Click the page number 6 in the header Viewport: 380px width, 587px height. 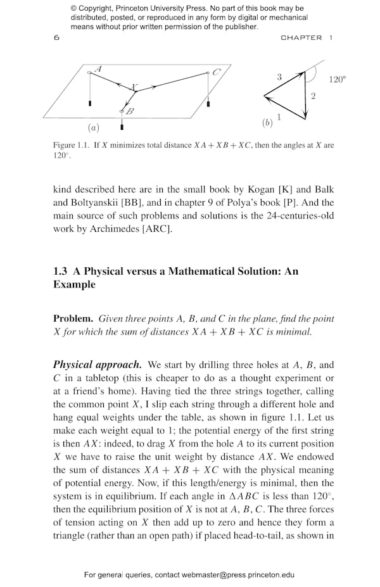point(56,38)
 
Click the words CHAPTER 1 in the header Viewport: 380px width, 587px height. point(307,38)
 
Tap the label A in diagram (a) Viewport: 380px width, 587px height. point(98,68)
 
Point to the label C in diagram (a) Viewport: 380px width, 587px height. point(216,72)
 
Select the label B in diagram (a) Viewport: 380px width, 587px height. point(130,111)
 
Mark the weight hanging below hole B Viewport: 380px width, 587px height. point(122,125)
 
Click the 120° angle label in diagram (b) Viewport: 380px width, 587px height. point(337,80)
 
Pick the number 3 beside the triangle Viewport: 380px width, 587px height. point(279,77)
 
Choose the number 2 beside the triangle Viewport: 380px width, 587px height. point(313,96)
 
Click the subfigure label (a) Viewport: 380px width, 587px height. point(93,128)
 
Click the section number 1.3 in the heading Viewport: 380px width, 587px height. point(61,271)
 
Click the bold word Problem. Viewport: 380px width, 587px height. point(73,319)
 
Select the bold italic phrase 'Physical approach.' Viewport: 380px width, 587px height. point(97,365)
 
